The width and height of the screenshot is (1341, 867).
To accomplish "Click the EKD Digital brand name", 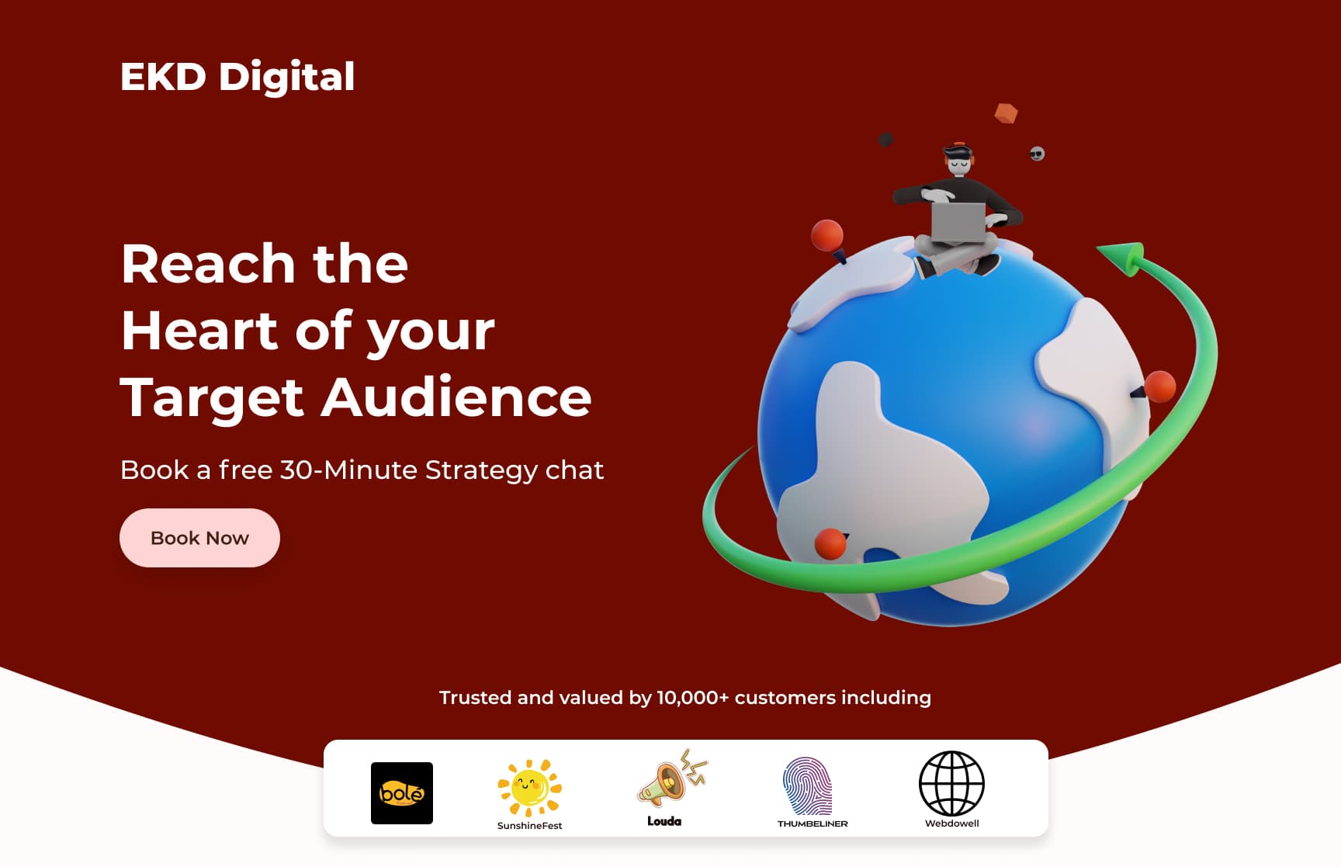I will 237,77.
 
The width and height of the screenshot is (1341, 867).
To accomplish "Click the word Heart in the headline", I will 199,331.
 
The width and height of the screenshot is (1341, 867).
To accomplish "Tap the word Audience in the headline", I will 456,398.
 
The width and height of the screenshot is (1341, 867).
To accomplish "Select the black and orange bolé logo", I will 402,792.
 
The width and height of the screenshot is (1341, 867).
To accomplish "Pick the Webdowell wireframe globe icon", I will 951,783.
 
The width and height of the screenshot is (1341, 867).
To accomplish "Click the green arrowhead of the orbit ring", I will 1123,257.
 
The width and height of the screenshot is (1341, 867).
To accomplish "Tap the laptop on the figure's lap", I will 958,222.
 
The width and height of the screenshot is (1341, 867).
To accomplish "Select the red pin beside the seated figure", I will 827,235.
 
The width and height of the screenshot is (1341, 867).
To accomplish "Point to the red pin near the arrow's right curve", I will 1159,387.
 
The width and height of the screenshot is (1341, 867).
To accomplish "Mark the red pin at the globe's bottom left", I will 830,543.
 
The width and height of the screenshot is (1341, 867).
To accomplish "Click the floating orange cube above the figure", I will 1006,113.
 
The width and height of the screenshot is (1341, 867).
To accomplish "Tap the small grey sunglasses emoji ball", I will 1037,154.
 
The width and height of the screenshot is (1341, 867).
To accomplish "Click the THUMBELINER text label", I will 813,824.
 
